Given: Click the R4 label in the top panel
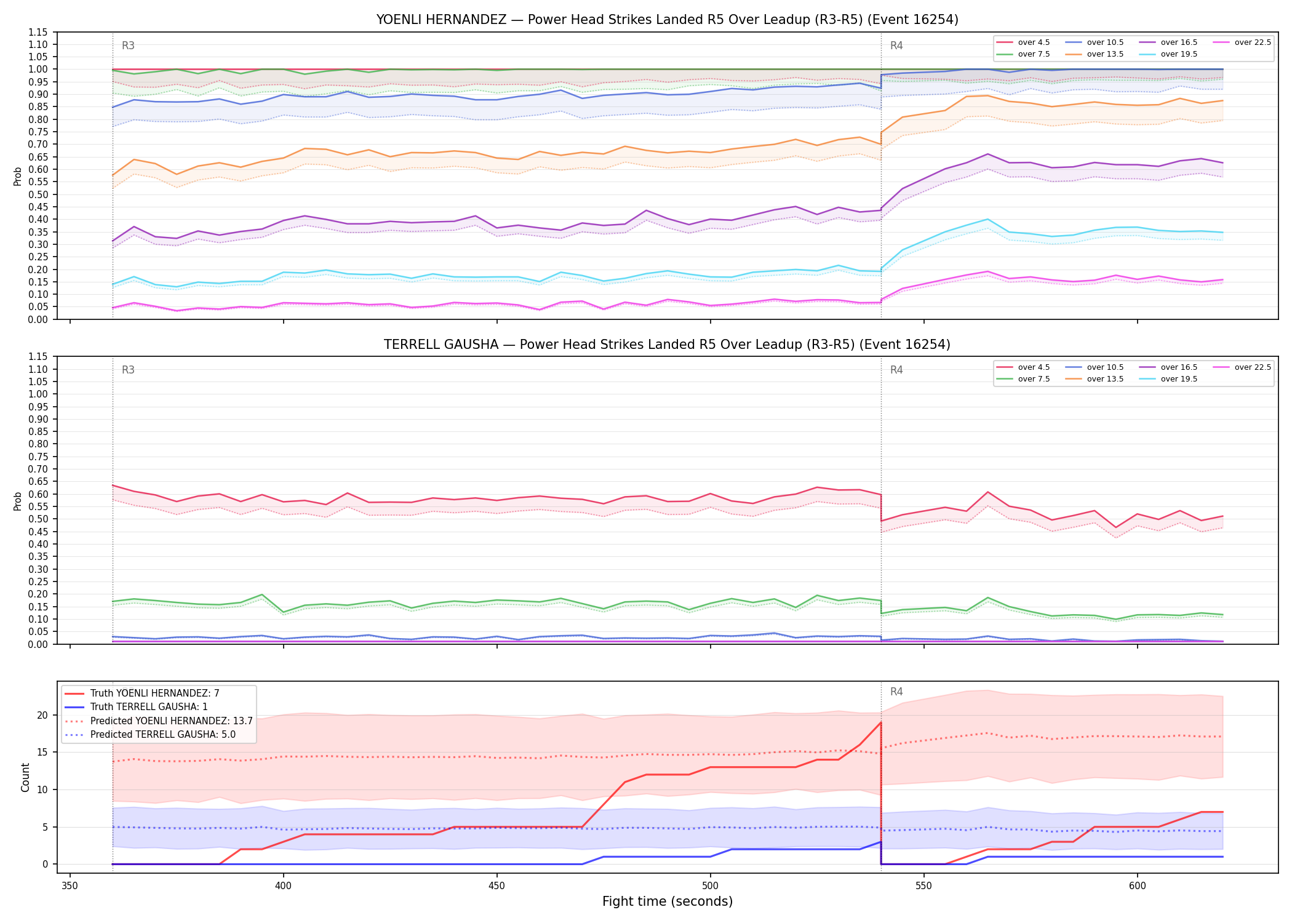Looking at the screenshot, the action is pyautogui.click(x=896, y=46).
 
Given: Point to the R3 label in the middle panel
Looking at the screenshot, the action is pyautogui.click(x=128, y=370).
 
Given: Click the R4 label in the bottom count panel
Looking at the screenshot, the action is pyautogui.click(x=896, y=692).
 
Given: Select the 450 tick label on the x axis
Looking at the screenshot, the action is pyautogui.click(x=496, y=886).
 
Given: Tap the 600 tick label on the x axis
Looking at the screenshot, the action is pyautogui.click(x=1137, y=886).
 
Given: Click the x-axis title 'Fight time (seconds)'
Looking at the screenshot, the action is pyautogui.click(x=668, y=901).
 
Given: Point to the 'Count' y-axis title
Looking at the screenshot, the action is pyautogui.click(x=25, y=777).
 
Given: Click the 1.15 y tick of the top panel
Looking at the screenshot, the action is pyautogui.click(x=38, y=32).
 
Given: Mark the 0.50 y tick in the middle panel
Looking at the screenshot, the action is pyautogui.click(x=38, y=519).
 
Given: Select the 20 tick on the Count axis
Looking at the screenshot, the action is pyautogui.click(x=42, y=715).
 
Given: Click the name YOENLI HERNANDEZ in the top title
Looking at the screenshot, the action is pyautogui.click(x=441, y=20).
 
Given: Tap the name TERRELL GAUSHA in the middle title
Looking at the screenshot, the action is pyautogui.click(x=441, y=345).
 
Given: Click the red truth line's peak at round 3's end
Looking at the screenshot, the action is pyautogui.click(x=881, y=722).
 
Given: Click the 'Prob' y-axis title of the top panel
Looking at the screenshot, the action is pyautogui.click(x=18, y=176).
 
